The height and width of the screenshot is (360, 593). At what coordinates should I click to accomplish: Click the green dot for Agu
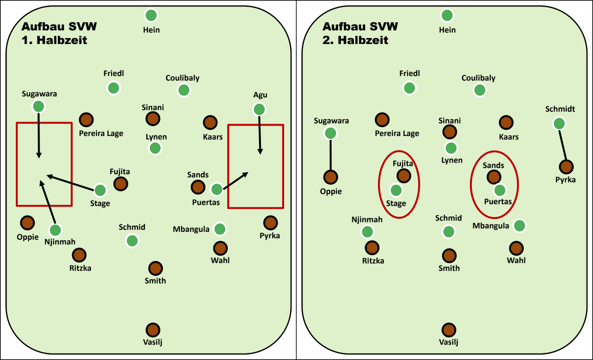pyautogui.click(x=259, y=109)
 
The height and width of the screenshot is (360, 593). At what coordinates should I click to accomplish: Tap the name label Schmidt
pyautogui.click(x=559, y=109)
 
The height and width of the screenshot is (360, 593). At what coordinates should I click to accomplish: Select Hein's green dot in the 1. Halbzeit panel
pyautogui.click(x=151, y=15)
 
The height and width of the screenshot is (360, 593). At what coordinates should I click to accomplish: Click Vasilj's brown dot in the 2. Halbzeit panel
pyautogui.click(x=449, y=329)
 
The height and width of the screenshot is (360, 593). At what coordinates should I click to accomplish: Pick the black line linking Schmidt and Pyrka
pyautogui.click(x=562, y=145)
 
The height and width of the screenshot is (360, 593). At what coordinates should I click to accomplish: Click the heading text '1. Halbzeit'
pyautogui.click(x=54, y=41)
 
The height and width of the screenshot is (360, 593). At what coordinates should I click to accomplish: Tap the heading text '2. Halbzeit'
pyautogui.click(x=355, y=41)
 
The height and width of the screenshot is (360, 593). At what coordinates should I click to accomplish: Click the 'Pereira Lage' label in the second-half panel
pyautogui.click(x=397, y=134)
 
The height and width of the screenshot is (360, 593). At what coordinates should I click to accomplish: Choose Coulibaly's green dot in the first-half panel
pyautogui.click(x=184, y=90)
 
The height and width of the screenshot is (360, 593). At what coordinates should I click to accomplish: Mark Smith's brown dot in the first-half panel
pyautogui.click(x=155, y=268)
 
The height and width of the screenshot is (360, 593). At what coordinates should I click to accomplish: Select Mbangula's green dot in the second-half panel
pyautogui.click(x=519, y=225)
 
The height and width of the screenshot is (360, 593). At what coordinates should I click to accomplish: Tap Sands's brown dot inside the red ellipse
pyautogui.click(x=493, y=176)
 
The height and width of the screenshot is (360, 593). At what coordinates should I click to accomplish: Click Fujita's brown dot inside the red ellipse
pyautogui.click(x=403, y=175)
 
